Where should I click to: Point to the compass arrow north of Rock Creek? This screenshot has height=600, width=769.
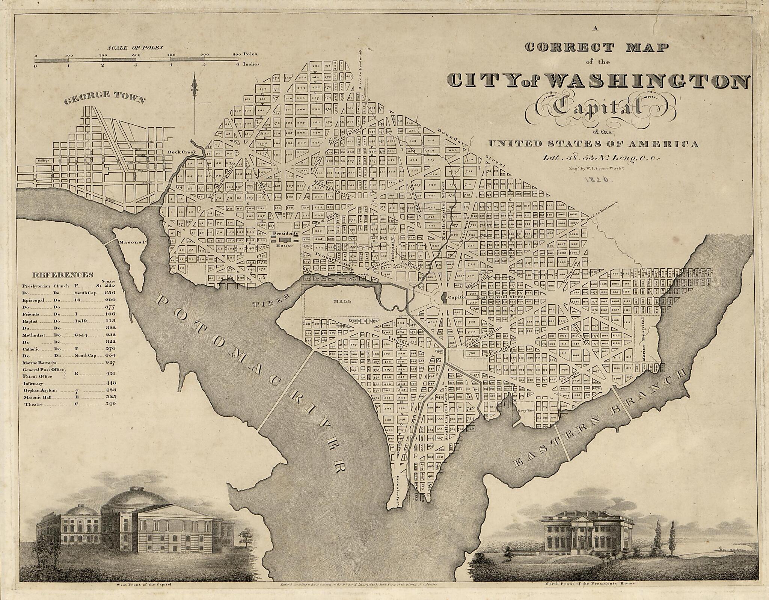195,90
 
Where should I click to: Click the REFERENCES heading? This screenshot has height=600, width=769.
63,275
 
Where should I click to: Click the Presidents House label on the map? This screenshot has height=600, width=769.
285,239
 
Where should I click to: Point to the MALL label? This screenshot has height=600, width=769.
342,301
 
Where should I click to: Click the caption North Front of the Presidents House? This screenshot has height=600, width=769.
590,583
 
